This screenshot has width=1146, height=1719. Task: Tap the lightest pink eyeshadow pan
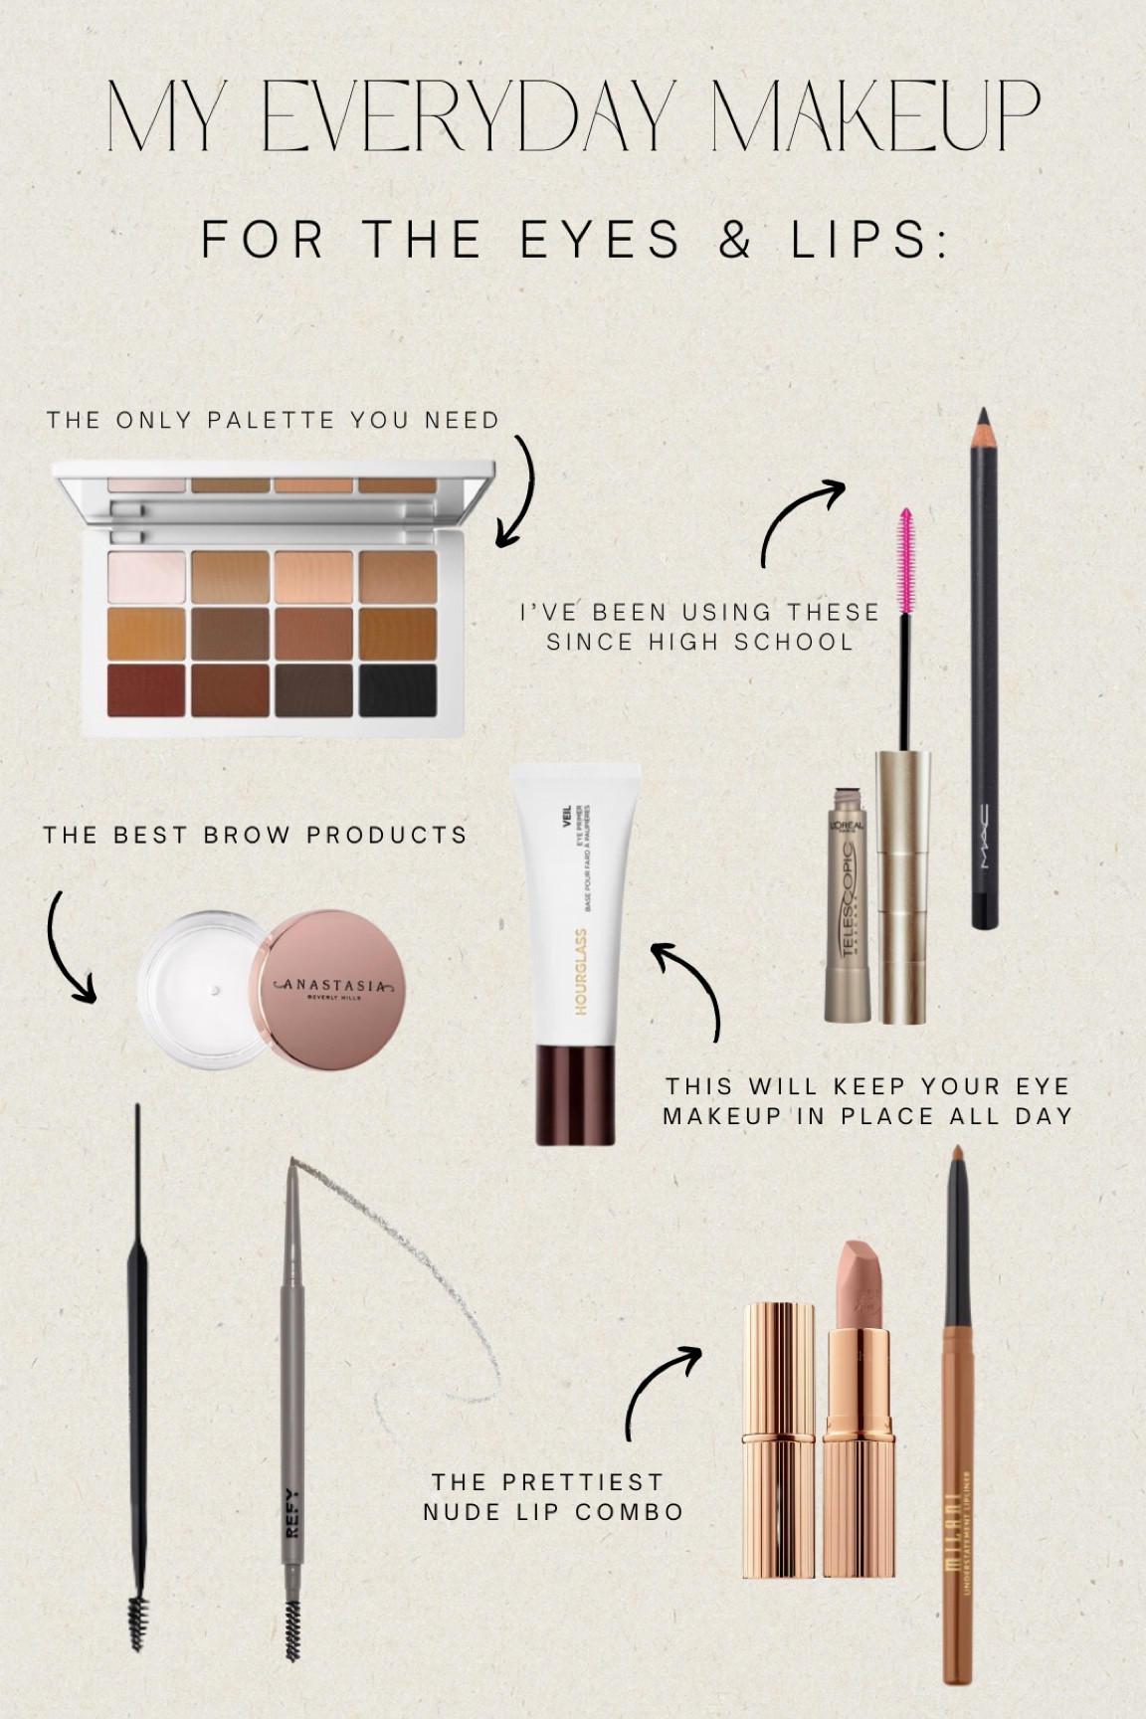pos(146,577)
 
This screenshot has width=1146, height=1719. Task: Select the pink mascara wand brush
pos(906,561)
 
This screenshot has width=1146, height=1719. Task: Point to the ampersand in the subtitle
pos(735,240)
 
